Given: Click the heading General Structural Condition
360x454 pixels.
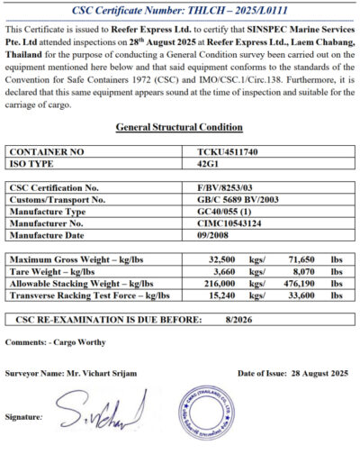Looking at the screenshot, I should point(179,127).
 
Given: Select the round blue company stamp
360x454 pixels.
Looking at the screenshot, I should point(209,415).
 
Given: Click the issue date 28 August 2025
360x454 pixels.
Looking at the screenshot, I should point(316,372).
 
